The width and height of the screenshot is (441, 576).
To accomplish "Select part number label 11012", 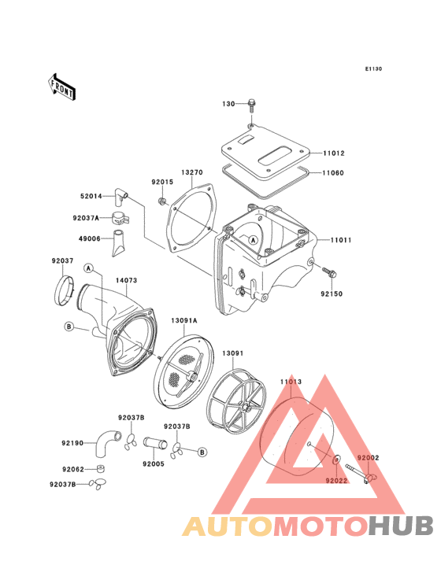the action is (334, 153).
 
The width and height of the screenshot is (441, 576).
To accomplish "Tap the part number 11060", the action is (333, 172).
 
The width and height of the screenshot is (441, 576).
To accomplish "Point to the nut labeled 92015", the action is (161, 201).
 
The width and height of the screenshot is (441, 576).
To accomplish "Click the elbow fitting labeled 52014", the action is (120, 198).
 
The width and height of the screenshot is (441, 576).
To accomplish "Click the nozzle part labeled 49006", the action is (118, 243).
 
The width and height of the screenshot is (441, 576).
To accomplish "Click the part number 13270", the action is (192, 172).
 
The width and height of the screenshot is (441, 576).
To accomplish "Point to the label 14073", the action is (127, 280).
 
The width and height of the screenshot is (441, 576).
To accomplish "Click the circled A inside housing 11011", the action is (253, 240).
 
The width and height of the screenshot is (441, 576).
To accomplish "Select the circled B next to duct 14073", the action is (69, 327).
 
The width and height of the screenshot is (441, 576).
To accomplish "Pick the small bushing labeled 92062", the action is (100, 469).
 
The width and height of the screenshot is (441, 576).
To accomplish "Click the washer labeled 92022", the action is (336, 460).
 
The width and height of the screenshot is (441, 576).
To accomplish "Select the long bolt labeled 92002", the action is (361, 473).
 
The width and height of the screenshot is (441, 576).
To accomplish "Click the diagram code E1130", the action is (373, 68).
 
